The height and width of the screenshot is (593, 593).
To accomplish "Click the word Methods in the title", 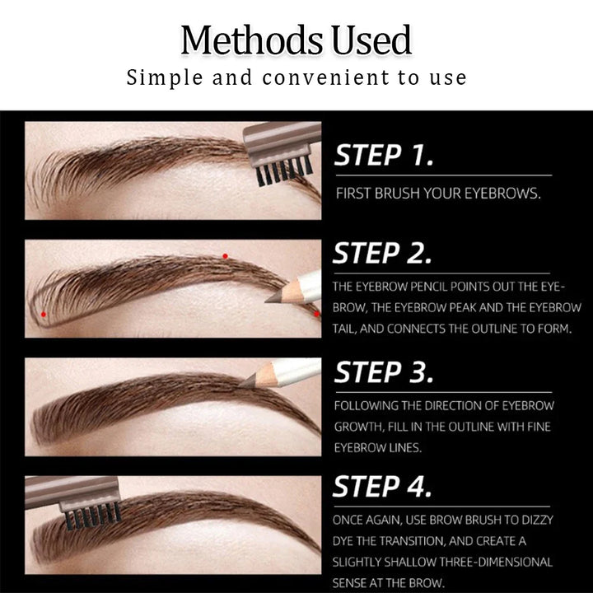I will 237,41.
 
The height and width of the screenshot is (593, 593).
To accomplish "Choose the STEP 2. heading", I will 383,254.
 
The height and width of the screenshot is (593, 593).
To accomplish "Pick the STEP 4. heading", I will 384,487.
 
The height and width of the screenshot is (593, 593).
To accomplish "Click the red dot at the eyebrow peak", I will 225,256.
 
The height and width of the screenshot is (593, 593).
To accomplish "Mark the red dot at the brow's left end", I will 44,315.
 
